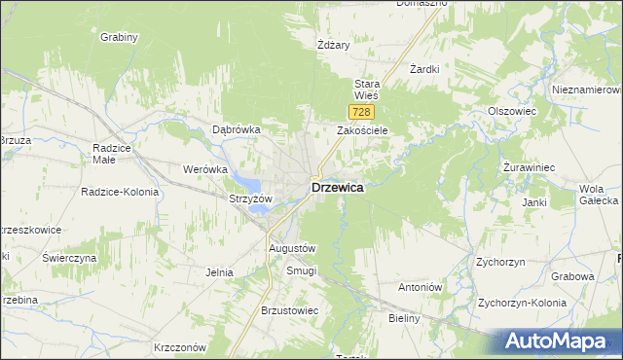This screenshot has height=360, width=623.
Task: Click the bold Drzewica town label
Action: coord(338,188)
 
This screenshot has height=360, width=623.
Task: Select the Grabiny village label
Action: coord(120,37)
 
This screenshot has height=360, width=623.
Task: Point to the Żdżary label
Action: coord(333,45)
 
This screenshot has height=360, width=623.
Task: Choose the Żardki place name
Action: coord(425,69)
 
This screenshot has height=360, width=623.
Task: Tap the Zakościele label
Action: coord(363,130)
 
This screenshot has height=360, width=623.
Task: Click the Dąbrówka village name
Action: coord(237,129)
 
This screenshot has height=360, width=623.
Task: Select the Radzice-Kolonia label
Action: coord(120,192)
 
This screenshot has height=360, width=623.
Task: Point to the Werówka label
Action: coord(204,169)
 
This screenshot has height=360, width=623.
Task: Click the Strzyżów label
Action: coord(250,198)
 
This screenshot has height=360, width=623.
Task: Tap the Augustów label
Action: coord(292,249)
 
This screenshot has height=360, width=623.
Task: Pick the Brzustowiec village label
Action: coord(290,310)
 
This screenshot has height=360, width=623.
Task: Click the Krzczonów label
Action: coord(180,347)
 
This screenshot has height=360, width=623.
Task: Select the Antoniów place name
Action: coord(421,288)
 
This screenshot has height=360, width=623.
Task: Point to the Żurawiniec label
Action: coord(529,167)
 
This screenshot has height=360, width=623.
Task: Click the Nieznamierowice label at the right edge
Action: coord(587,89)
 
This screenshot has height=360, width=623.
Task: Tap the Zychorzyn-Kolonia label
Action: coord(522,303)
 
